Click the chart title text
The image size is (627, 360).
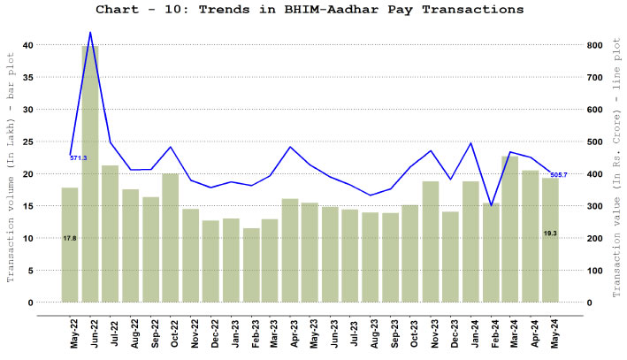coord(313,10)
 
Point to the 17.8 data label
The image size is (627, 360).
coord(70,238)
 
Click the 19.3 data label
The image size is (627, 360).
coord(550,233)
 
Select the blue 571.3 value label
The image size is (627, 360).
coord(79,157)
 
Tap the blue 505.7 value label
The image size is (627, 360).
coord(559,174)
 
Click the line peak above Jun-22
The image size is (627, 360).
coord(90,33)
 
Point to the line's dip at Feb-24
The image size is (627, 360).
coord(490,206)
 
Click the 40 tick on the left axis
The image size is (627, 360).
coord(29,45)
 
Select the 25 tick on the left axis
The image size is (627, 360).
coord(29,142)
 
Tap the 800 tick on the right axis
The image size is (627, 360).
coord(596,45)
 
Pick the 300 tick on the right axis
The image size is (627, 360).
coord(596,206)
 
